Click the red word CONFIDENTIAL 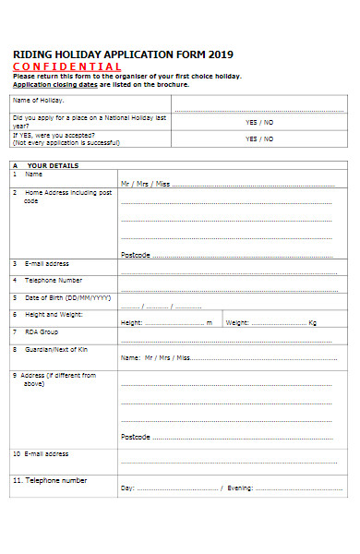[66, 66]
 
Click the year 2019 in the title [222, 54]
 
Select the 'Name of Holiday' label [38, 99]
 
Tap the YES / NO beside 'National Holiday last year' [259, 122]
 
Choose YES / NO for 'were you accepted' [259, 138]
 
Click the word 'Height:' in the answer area [131, 323]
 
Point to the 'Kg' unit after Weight [312, 323]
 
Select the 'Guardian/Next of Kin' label [57, 349]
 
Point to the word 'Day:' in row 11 [128, 488]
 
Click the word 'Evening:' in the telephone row [241, 488]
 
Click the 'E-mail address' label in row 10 [46, 453]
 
